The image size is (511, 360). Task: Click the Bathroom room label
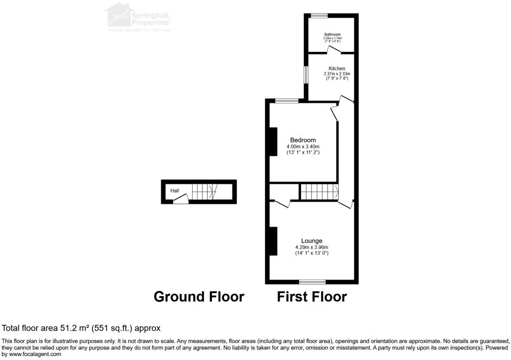point(332,35)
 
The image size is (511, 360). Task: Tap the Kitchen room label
point(337,69)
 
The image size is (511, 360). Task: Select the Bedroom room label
point(303,140)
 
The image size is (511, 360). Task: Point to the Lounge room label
point(312,241)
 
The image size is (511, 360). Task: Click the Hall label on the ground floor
point(174,191)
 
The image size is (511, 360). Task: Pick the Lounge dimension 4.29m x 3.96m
point(312,248)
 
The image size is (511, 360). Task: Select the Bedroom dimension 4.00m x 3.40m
point(303,147)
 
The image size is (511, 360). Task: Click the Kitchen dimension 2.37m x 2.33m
point(337,74)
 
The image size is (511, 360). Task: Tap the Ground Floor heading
point(198,297)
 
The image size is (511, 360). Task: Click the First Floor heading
point(312,297)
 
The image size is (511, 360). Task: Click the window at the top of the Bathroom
point(316,16)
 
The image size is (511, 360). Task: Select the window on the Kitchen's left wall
point(307,74)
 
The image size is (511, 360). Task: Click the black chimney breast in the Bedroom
point(272,141)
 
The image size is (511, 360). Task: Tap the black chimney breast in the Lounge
point(272,241)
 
